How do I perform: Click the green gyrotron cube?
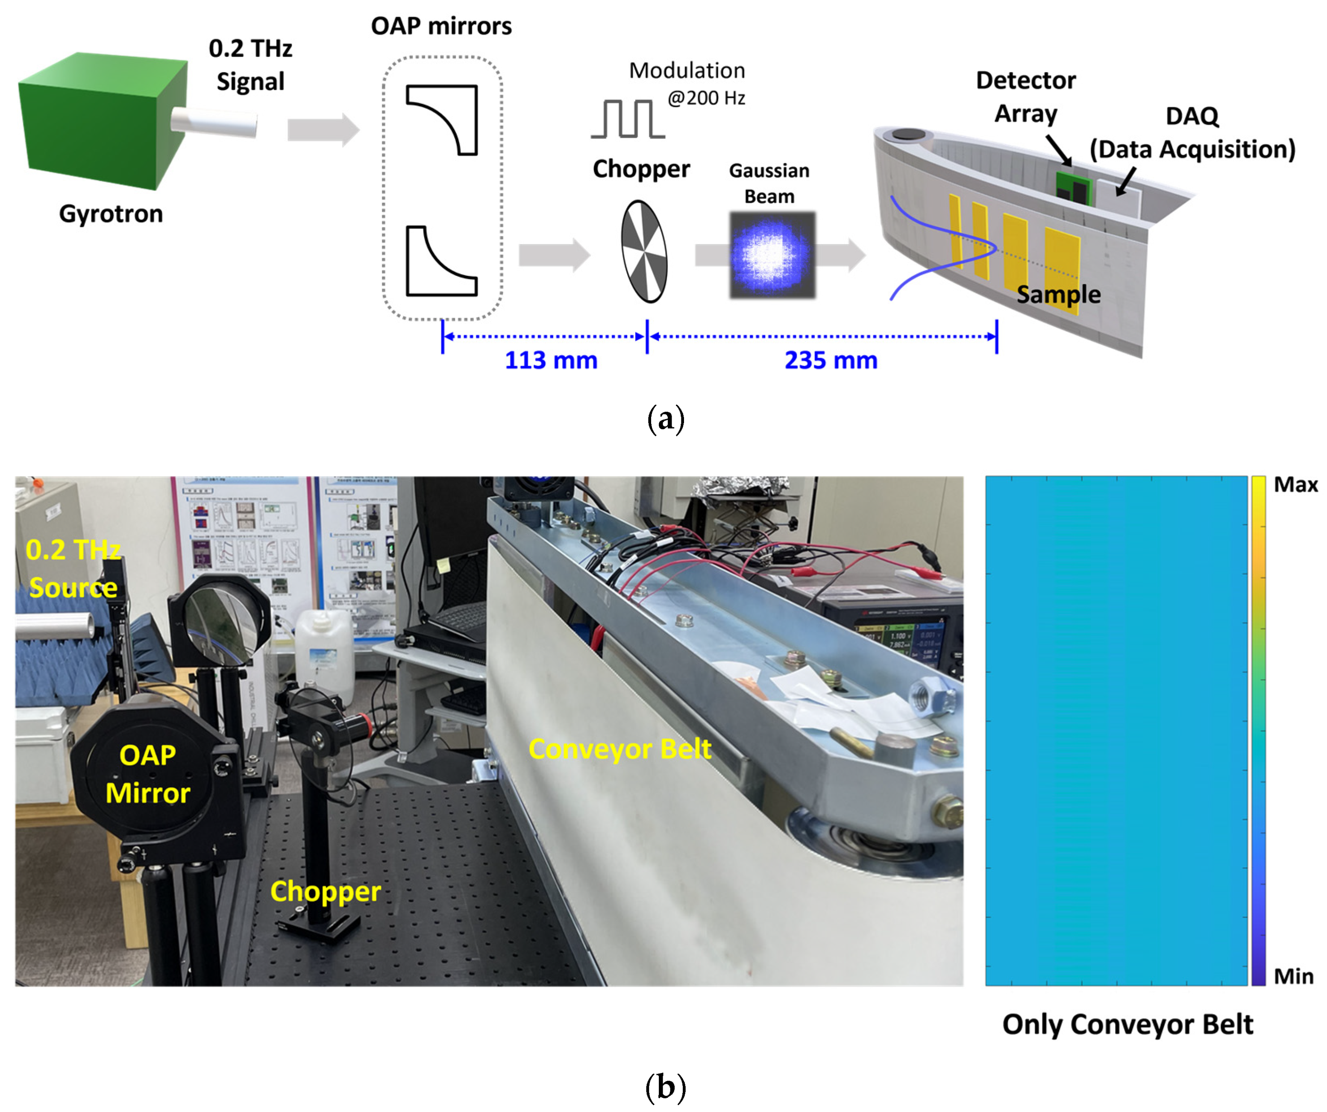[x=101, y=120]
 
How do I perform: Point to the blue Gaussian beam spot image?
[x=772, y=255]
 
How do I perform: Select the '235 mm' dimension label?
[x=831, y=360]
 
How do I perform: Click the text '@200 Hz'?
[x=707, y=98]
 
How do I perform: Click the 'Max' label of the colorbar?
[x=1295, y=485]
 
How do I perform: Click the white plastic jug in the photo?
[x=323, y=653]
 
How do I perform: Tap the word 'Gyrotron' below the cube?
[x=111, y=214]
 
